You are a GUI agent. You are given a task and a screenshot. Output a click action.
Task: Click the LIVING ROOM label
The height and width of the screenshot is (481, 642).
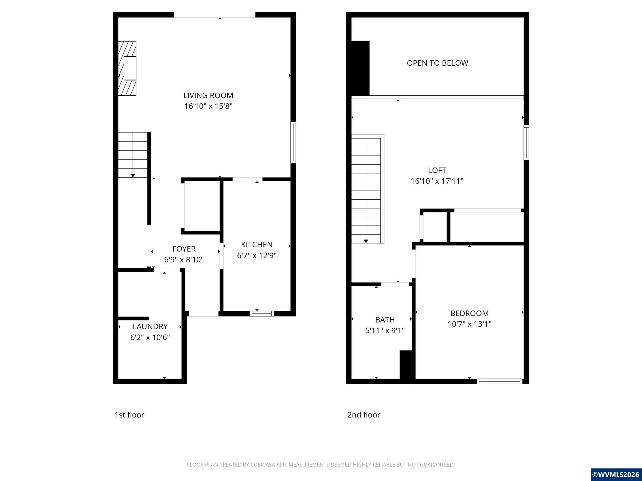pos(208,95)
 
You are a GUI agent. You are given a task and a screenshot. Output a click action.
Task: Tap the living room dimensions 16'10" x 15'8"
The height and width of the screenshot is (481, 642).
pos(208,106)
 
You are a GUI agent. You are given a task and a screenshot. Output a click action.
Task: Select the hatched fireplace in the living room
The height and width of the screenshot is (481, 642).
pos(127,68)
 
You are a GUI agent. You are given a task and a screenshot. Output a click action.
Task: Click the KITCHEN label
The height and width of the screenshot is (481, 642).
pos(257,244)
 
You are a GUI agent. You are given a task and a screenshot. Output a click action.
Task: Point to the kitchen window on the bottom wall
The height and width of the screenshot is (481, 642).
pos(261,313)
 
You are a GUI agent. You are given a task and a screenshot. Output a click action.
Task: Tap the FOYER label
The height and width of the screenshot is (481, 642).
pos(184,249)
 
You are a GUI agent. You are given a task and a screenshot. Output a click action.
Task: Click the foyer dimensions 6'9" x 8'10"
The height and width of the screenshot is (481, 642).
pos(184,260)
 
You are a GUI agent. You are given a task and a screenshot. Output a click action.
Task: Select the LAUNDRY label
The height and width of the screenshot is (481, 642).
pos(150,327)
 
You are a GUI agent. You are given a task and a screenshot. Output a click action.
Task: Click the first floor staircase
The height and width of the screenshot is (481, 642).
pos(133,155)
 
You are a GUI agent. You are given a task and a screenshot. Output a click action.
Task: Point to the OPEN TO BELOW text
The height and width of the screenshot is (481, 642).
pos(437,63)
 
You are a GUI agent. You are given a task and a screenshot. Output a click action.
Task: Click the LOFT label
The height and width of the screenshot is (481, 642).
pos(437,170)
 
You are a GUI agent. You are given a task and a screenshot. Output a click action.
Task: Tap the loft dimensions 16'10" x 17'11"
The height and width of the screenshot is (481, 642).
pos(437,181)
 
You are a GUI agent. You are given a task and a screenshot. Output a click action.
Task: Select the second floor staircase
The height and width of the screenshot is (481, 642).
pos(366,190)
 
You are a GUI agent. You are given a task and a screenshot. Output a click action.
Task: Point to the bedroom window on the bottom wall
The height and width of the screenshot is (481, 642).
pos(499,381)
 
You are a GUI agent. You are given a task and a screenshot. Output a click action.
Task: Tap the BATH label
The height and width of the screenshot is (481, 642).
pos(385,319)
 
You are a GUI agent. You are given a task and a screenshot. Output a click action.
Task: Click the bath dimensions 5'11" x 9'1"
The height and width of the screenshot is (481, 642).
pos(385,330)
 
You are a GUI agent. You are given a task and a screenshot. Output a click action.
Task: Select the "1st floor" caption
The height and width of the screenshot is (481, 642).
pos(129,415)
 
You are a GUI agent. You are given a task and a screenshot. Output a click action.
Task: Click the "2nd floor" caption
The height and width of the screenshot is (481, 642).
pos(364,415)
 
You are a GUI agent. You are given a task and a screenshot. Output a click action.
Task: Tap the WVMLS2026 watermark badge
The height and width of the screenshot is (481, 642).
pos(616,474)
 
